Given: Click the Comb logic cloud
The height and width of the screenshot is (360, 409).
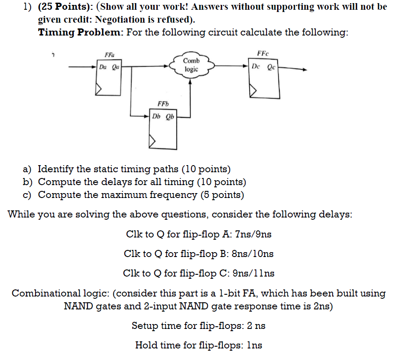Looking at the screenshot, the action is pos(191,65).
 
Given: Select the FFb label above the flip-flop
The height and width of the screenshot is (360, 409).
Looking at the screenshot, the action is pos(163,104).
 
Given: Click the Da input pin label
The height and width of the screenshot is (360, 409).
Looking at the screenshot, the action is pos(103,67).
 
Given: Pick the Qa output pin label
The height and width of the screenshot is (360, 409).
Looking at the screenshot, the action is pos(115,67).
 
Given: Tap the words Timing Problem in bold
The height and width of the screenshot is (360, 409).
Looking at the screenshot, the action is pos(79,32).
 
